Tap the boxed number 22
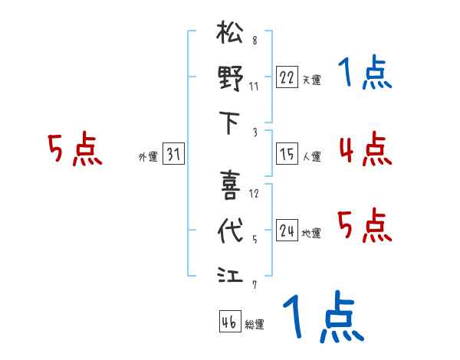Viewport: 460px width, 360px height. [x=287, y=77]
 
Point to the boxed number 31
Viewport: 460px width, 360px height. [x=173, y=155]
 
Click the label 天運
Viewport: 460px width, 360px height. [x=311, y=80]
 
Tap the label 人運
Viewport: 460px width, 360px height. [x=311, y=157]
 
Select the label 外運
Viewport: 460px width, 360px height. [x=148, y=157]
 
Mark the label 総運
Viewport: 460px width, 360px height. [x=255, y=325]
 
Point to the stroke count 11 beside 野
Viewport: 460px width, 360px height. [x=254, y=86]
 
